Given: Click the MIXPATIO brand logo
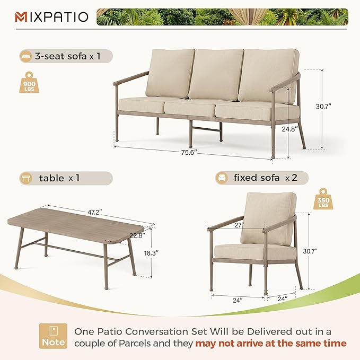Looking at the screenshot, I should (51, 16).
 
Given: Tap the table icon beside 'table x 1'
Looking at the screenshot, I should (25, 178).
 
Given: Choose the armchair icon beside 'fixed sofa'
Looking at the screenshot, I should (222, 178).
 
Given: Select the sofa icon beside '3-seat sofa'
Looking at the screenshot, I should (25, 56).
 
